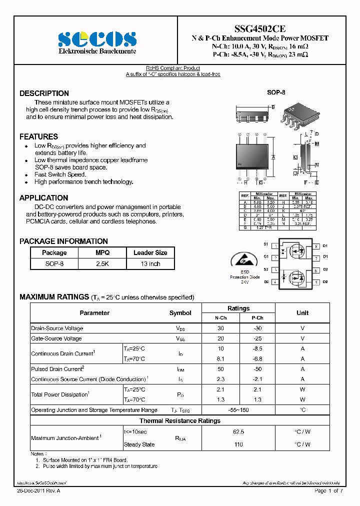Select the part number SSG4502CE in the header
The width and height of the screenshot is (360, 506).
260,29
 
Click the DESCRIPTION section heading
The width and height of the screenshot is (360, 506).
44,93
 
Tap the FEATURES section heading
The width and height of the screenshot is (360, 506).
38,136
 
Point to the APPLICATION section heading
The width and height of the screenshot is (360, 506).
43,198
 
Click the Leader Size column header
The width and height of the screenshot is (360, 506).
150,253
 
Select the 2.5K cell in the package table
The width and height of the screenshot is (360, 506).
102,263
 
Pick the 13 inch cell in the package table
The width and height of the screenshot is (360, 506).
150,263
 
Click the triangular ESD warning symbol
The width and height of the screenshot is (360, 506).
244,260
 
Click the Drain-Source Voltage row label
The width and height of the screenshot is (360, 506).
57,328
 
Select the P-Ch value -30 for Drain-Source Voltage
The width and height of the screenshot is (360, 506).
257,328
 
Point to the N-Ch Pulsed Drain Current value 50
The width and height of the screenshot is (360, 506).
220,369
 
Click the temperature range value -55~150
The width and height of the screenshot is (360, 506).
238,410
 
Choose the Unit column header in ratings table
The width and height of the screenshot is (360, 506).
302,313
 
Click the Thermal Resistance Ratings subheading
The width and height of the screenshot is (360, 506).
179,421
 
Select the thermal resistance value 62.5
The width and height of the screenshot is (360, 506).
238,431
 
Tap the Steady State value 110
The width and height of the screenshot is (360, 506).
238,444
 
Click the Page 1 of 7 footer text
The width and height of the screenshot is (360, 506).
328,491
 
